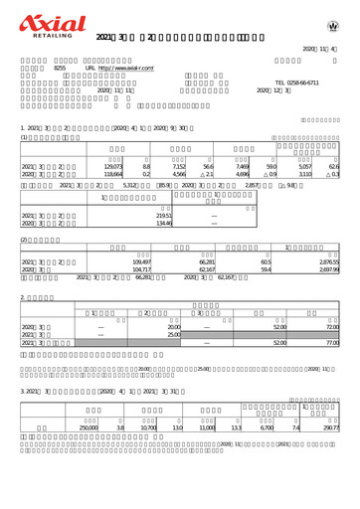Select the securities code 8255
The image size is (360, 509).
pyautogui.click(x=59, y=69)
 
